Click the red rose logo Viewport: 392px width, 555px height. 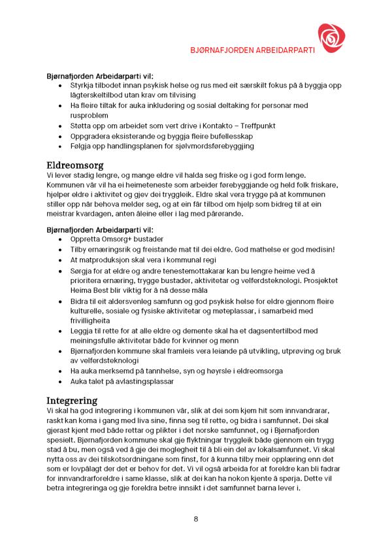[x=330, y=38]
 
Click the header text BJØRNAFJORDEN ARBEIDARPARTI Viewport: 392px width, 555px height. [x=253, y=50]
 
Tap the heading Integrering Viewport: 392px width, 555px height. [x=72, y=399]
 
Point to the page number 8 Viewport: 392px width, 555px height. [x=196, y=519]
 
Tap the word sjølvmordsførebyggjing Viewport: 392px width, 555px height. [x=210, y=146]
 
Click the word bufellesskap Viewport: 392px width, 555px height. [x=215, y=136]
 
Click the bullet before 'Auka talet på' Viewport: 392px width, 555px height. [x=62, y=380]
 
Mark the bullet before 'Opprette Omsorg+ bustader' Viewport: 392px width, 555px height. [x=62, y=240]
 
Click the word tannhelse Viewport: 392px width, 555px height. [x=157, y=371]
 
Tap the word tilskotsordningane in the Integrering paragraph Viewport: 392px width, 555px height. [x=146, y=459]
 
